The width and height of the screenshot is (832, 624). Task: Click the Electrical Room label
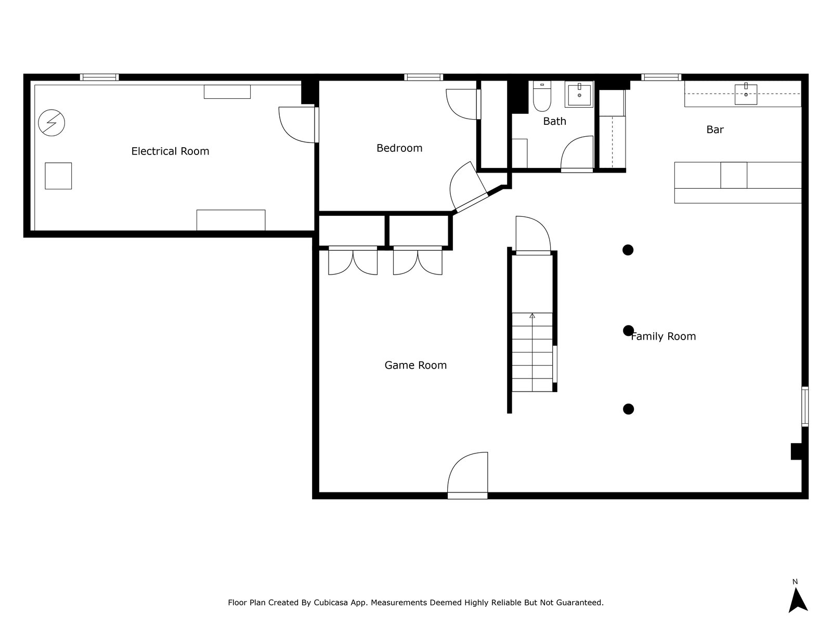click(x=170, y=151)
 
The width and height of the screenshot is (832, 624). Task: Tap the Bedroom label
click(x=399, y=148)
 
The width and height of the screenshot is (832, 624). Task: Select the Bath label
click(x=554, y=121)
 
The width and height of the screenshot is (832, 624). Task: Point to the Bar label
click(x=714, y=129)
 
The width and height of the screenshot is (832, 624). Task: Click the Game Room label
click(x=415, y=366)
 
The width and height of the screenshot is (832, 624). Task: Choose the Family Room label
click(x=664, y=336)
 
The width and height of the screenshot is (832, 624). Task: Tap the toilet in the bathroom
click(x=542, y=97)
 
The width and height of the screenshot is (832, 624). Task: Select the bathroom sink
click(x=579, y=95)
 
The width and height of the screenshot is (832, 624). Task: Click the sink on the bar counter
click(x=746, y=94)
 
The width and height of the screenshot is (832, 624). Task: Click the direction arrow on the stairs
click(x=532, y=316)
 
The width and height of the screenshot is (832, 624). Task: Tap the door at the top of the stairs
click(x=532, y=237)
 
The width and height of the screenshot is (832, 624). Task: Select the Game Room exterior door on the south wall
click(x=467, y=474)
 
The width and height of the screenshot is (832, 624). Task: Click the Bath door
click(x=577, y=153)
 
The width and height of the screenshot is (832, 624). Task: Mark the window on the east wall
click(x=804, y=407)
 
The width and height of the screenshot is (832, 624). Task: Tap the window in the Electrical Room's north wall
click(x=99, y=77)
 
